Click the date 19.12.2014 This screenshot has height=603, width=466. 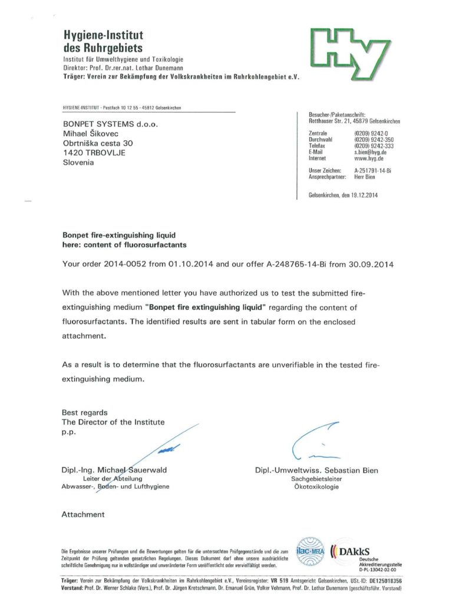[x=362, y=196]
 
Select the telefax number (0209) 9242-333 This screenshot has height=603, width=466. [x=374, y=146]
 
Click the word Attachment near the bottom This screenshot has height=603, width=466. [x=83, y=515]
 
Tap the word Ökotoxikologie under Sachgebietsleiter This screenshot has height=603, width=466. [x=316, y=487]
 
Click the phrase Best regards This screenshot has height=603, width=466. [x=85, y=412]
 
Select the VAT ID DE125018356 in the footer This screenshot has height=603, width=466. [x=382, y=581]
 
